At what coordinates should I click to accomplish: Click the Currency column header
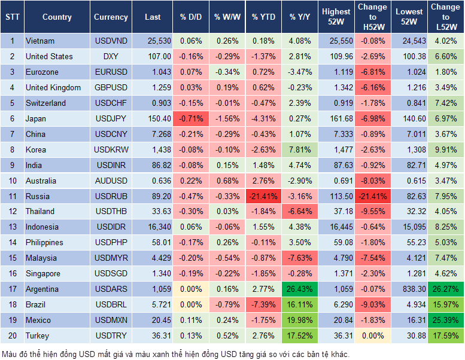click(111, 17)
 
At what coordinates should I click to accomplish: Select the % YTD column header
click(263, 17)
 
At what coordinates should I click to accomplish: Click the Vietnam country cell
click(40, 41)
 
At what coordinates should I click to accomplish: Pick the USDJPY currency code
click(111, 118)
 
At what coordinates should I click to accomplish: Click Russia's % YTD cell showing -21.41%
click(263, 196)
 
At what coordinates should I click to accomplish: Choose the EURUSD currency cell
click(111, 72)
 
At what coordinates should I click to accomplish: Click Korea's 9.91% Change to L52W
click(446, 150)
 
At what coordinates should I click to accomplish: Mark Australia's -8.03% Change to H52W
click(372, 181)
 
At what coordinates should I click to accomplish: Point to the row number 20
click(12, 336)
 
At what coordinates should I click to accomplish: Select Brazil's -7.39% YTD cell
click(263, 305)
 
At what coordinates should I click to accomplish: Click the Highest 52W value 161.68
click(336, 118)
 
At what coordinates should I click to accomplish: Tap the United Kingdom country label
click(53, 87)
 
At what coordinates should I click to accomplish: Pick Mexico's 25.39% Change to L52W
click(446, 321)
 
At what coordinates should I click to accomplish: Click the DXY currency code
click(111, 56)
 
